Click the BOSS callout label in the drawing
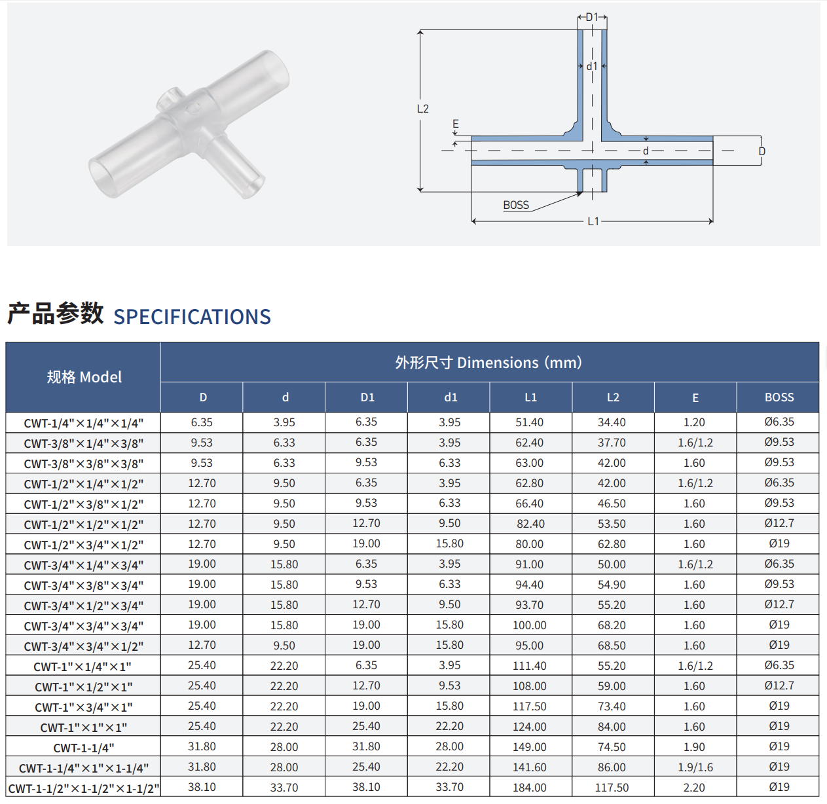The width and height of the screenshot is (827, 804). [516, 205]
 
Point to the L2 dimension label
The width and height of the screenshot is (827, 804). [422, 109]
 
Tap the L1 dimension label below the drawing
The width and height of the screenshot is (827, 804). [593, 221]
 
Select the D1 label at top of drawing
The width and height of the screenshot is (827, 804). [591, 17]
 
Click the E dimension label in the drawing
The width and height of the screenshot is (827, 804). [456, 124]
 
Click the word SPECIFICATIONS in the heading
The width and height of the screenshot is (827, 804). [192, 317]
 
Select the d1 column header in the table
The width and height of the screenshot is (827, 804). [450, 397]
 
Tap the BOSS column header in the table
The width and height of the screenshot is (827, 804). [779, 397]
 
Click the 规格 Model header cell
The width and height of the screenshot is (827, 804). [84, 377]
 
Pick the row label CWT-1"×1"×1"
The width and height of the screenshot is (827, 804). [84, 727]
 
